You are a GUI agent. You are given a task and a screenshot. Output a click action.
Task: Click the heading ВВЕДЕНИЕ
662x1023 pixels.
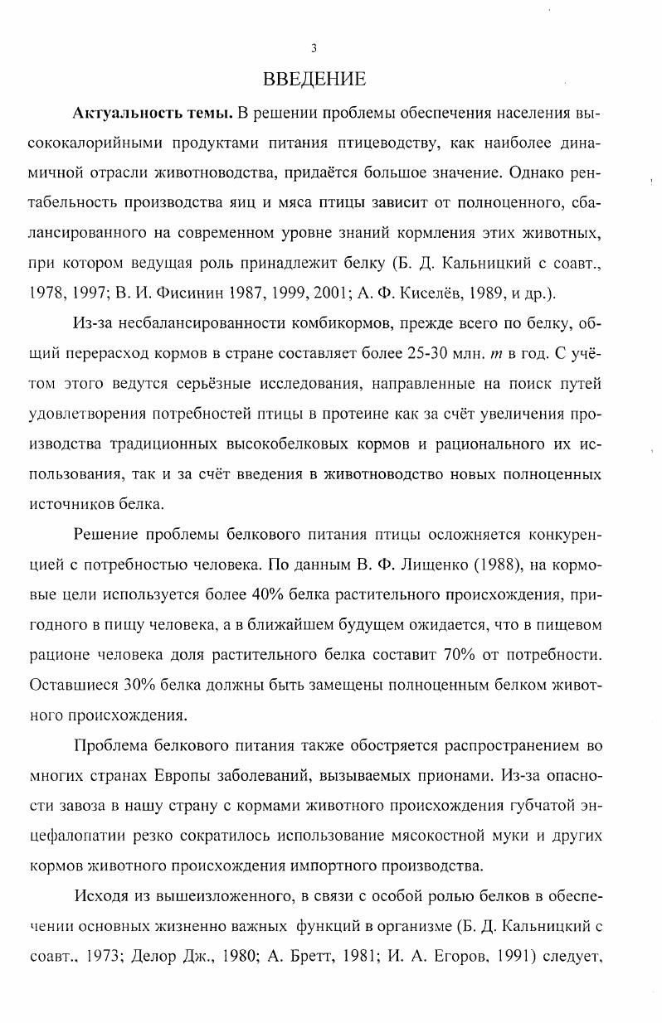click(x=314, y=80)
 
